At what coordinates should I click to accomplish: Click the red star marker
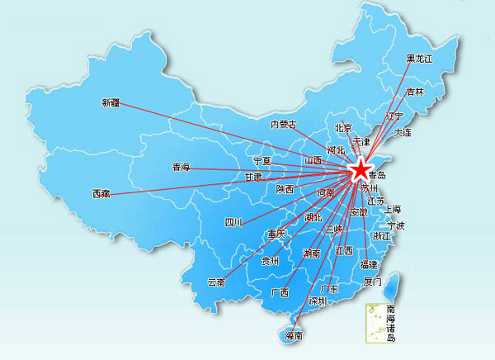tap(361, 170)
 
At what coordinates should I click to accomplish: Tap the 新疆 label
tap(111, 103)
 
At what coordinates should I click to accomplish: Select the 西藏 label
tap(100, 194)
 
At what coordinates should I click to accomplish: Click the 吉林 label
tap(414, 92)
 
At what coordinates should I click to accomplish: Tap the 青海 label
tap(181, 168)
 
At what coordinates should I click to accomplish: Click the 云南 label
tap(216, 282)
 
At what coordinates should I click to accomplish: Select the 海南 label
tap(293, 335)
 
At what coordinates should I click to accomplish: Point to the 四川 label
tap(233, 222)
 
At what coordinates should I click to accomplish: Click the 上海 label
tap(392, 209)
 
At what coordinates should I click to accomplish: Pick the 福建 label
tap(368, 264)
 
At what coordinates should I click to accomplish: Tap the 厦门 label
tap(372, 282)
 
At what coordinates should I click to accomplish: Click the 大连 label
tap(403, 132)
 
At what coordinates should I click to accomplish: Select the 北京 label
tap(343, 128)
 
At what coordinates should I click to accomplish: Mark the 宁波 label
tap(396, 225)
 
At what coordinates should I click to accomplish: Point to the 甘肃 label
tap(253, 177)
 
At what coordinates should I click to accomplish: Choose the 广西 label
tap(280, 293)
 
